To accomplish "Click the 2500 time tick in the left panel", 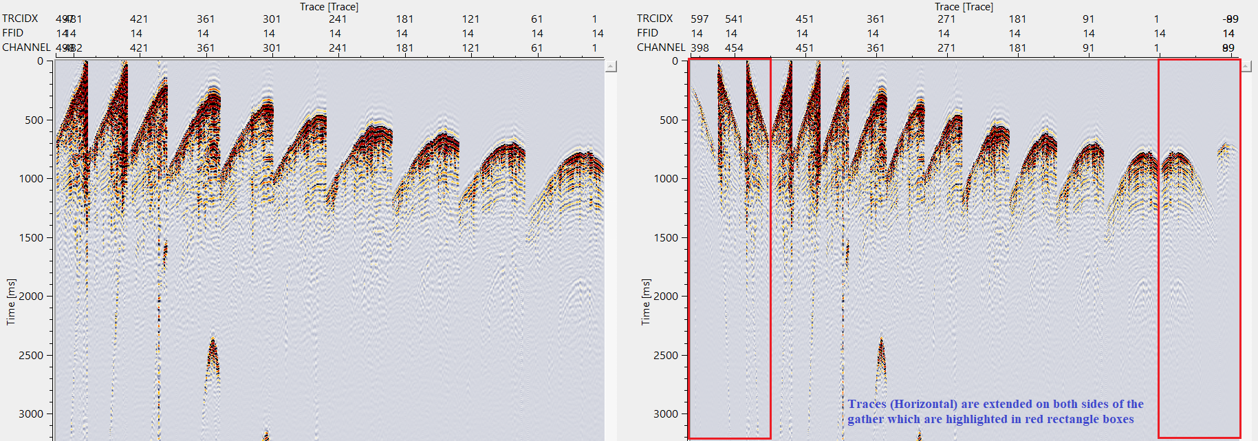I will [32, 355].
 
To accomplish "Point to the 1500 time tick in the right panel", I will [666, 237].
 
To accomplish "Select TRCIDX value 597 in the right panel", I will [700, 19].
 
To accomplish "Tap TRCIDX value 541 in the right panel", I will [734, 19].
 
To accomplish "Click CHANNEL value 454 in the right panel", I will [734, 47].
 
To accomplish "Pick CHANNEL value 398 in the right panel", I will [700, 47].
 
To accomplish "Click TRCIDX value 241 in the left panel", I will [338, 19].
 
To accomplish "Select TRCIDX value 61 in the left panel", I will [537, 19].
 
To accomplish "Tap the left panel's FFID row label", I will [12, 33].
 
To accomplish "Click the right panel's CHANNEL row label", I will [661, 47].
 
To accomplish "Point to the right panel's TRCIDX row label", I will [655, 19].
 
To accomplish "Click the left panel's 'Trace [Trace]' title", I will [329, 7].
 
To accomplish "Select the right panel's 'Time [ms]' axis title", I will [645, 301].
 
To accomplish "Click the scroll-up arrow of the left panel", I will [611, 67].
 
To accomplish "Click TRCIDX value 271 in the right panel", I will [946, 19].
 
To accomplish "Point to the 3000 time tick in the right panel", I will [666, 413].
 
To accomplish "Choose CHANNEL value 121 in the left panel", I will [470, 47].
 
